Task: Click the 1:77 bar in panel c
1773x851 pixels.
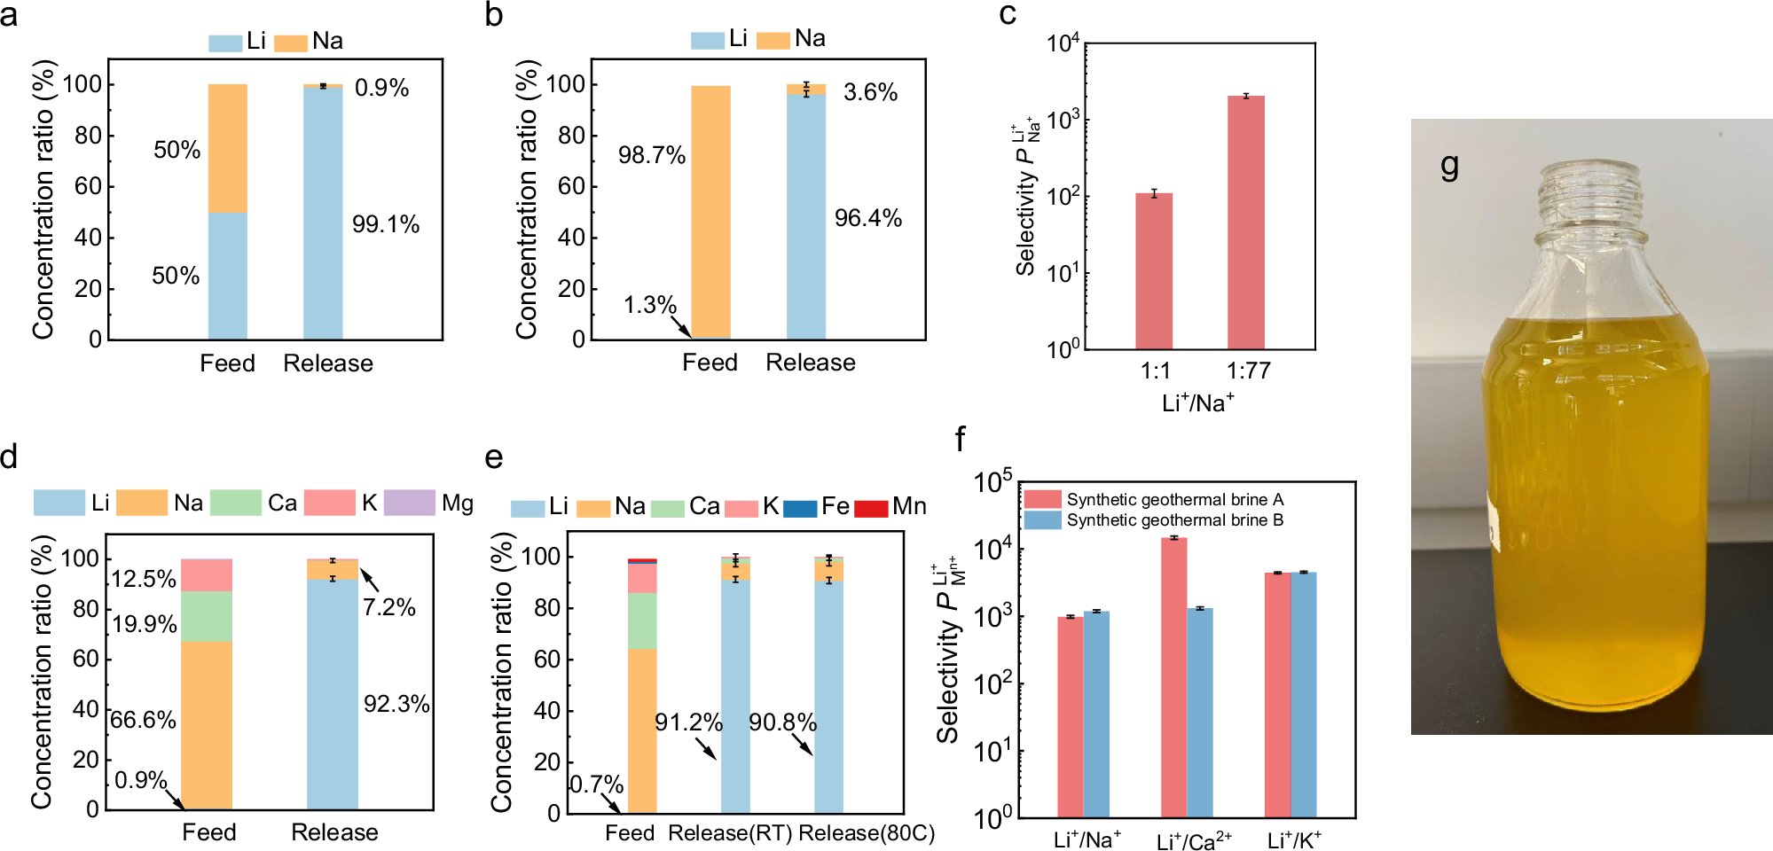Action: (1245, 222)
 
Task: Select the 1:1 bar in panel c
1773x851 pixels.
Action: (1153, 270)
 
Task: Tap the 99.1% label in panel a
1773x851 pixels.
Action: (385, 223)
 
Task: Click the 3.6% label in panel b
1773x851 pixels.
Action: (870, 92)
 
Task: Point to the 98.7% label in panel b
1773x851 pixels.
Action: (652, 155)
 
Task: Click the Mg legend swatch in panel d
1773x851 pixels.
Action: (409, 503)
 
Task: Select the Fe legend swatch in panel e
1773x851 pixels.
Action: (799, 508)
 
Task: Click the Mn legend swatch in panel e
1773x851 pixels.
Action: (870, 508)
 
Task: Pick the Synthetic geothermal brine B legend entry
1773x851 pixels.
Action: (1154, 520)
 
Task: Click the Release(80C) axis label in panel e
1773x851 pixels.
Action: (867, 833)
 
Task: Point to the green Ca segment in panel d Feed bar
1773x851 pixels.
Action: (207, 616)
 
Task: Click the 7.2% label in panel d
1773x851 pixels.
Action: (388, 607)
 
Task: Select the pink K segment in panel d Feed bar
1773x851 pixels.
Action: (207, 574)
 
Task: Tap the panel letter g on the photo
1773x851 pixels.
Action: (1449, 166)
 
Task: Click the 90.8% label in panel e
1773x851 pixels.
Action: (782, 722)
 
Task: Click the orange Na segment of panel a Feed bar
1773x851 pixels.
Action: (227, 148)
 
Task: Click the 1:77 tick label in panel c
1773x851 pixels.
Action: (1248, 371)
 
